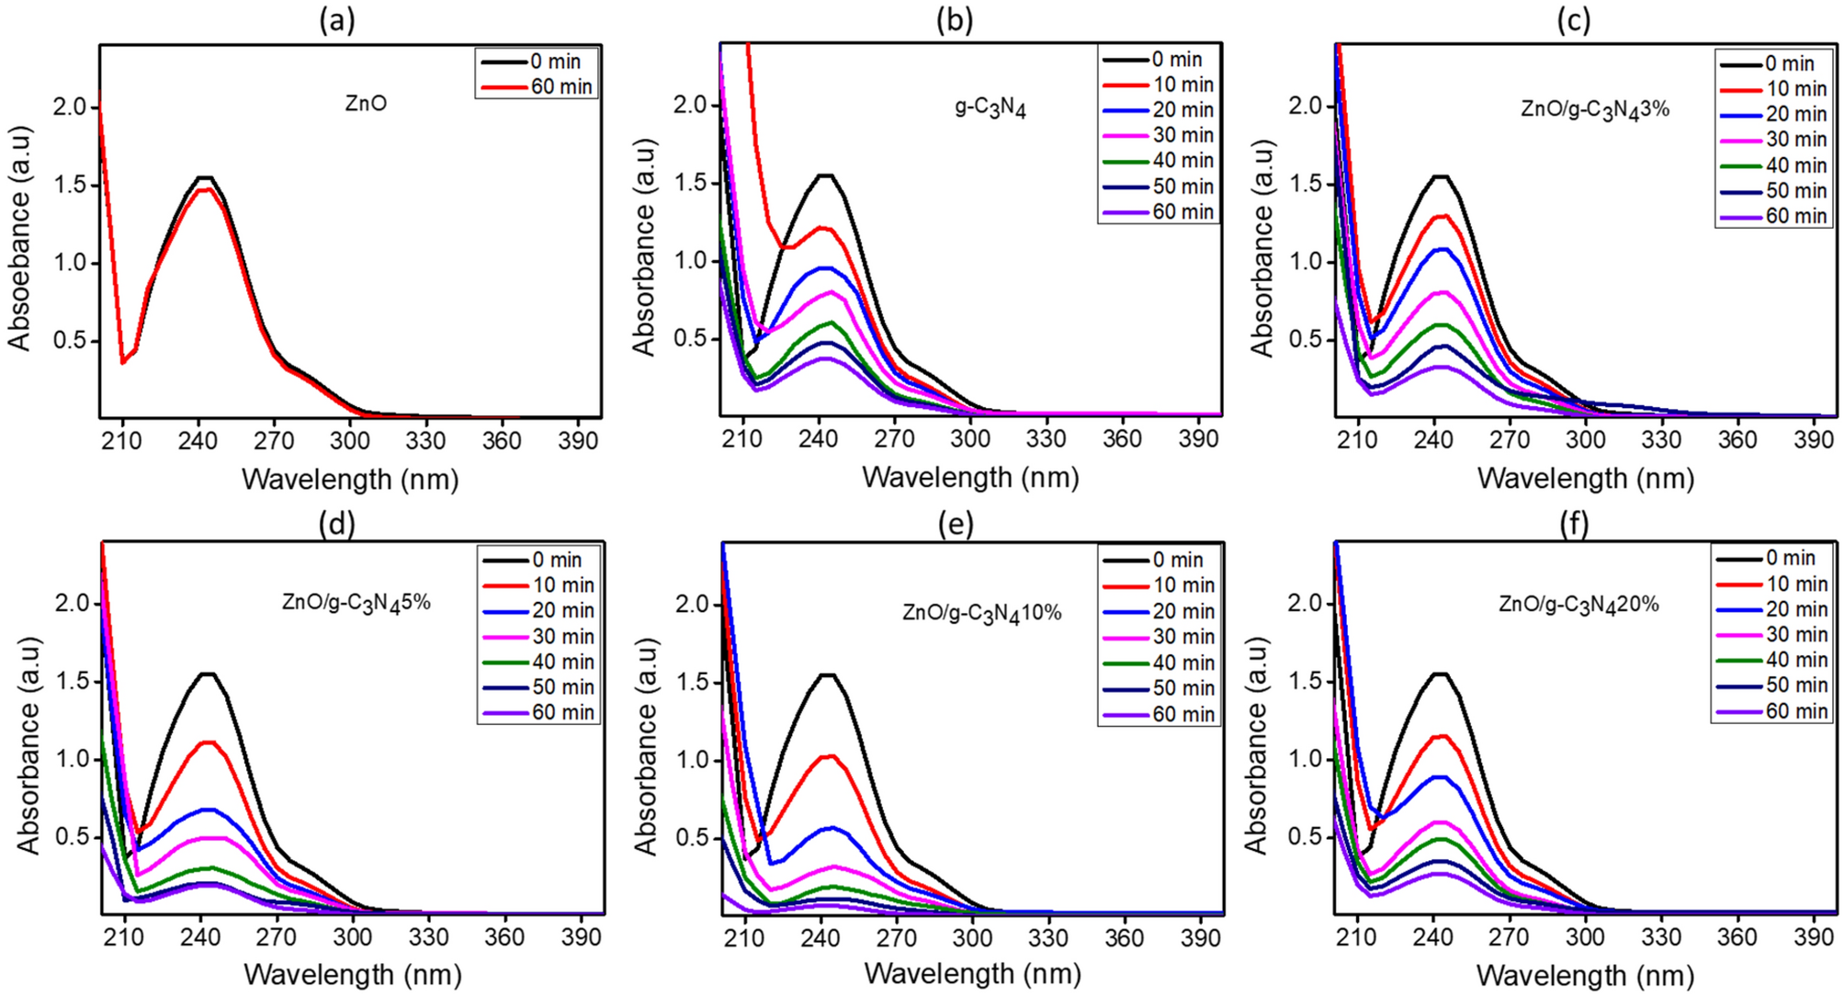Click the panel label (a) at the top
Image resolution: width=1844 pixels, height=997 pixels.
tap(336, 20)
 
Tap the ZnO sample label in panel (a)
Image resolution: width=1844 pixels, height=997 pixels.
tap(366, 103)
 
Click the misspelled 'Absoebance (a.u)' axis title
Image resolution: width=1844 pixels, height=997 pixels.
tap(20, 238)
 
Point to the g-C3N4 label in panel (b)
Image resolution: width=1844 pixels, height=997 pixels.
tap(990, 107)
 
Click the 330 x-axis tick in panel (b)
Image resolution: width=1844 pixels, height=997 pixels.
tap(1046, 439)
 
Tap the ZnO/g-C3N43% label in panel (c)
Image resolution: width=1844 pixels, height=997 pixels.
tap(1595, 109)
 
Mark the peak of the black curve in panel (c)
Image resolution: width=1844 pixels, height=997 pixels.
tap(1440, 176)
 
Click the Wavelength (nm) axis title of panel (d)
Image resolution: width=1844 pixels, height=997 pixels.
tap(352, 974)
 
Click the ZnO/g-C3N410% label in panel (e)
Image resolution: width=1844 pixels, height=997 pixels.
tap(981, 613)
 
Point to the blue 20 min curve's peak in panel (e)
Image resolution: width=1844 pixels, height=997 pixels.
tap(831, 828)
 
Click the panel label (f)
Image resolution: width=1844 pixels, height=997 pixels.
tap(1573, 523)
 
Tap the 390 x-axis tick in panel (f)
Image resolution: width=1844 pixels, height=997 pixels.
tap(1813, 937)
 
